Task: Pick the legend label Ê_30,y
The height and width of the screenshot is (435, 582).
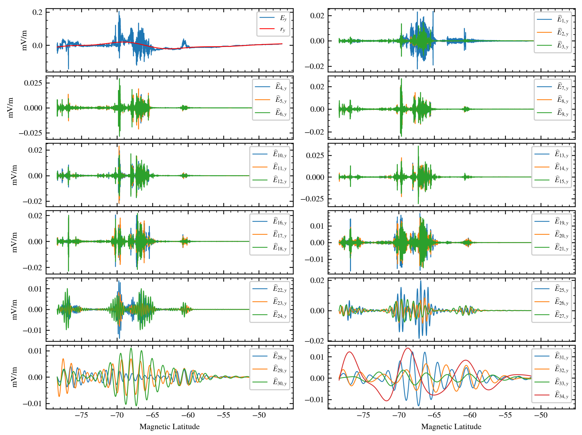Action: tap(279, 382)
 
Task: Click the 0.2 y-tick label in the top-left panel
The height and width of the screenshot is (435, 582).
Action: tap(37, 12)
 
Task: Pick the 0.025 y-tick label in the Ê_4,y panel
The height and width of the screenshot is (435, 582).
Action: tap(33, 83)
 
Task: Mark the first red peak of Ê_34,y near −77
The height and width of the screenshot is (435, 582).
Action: tap(349, 352)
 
